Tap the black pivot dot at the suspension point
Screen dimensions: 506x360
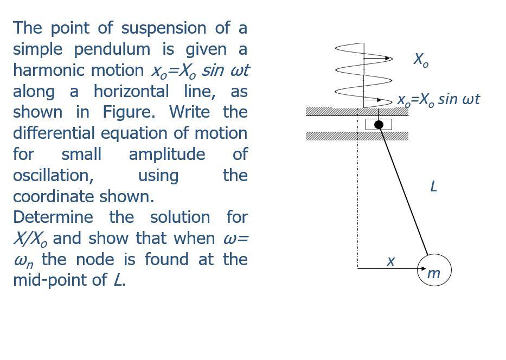pyautogui.click(x=380, y=125)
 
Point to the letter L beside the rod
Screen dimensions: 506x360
pyautogui.click(x=433, y=187)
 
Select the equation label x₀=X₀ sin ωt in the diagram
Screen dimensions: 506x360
pyautogui.click(x=438, y=100)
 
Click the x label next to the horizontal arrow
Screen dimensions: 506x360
pyautogui.click(x=390, y=261)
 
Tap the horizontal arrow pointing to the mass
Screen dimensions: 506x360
pyautogui.click(x=388, y=268)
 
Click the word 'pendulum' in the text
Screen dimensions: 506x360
pyautogui.click(x=112, y=49)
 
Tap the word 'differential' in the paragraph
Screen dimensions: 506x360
pyautogui.click(x=53, y=133)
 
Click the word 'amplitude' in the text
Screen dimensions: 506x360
pyautogui.click(x=166, y=154)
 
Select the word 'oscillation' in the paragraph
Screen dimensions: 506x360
pyautogui.click(x=53, y=175)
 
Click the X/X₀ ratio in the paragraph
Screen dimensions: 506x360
pyautogui.click(x=31, y=239)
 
